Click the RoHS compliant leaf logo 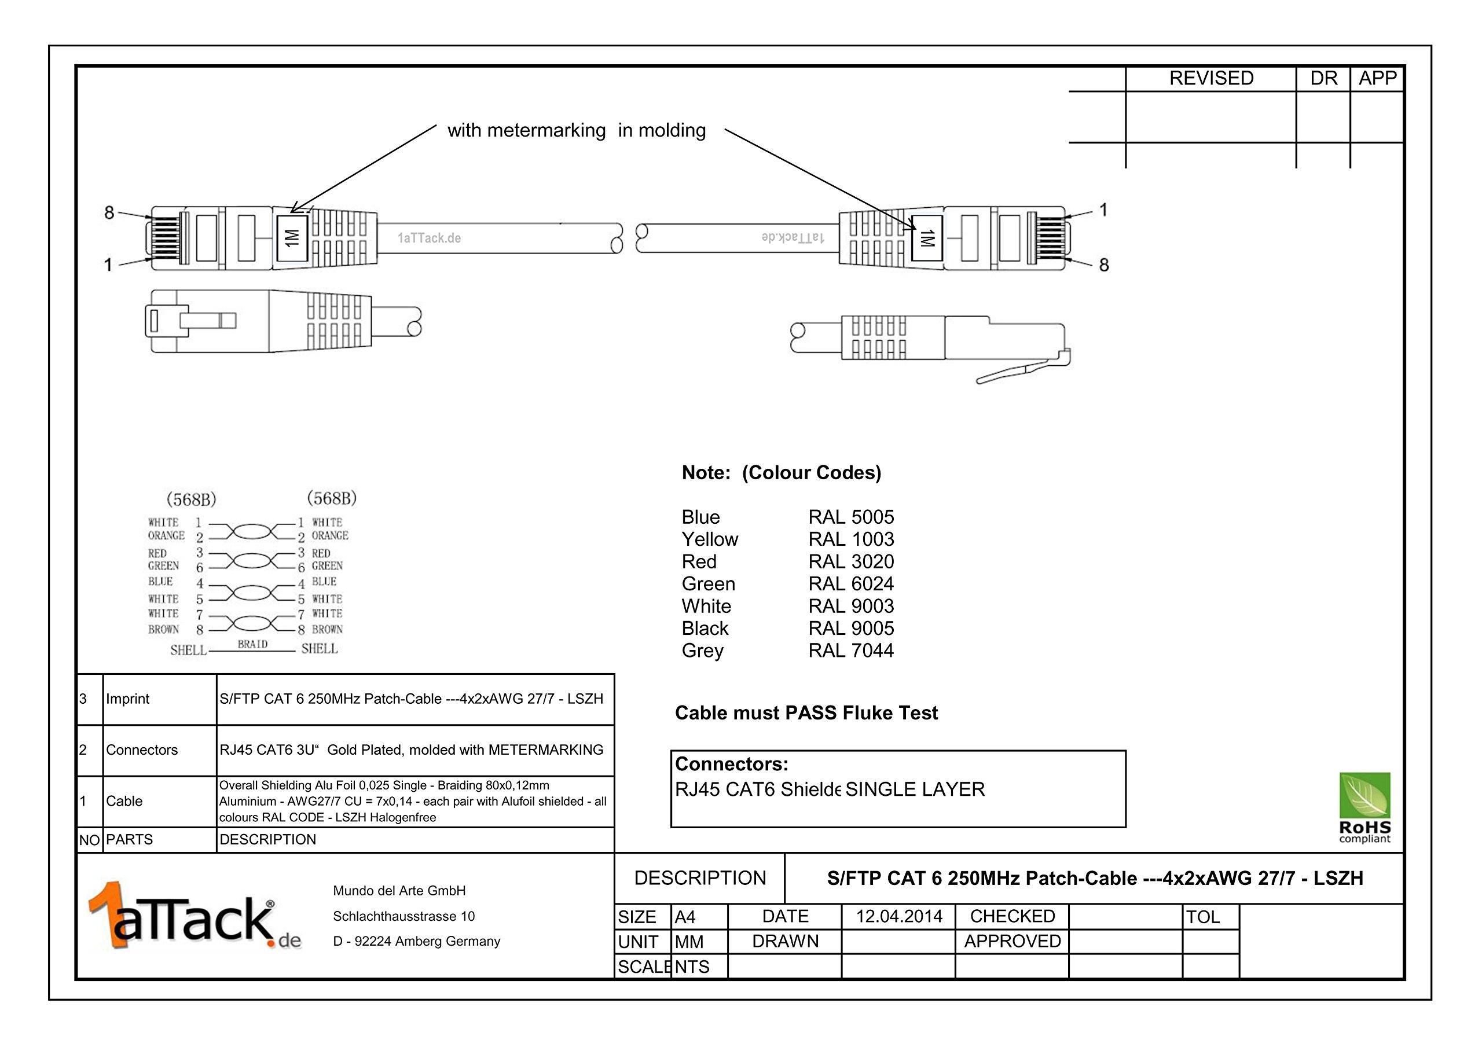click(x=1364, y=807)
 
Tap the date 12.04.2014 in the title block click(x=898, y=917)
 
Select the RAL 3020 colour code click(x=851, y=561)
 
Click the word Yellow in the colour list click(x=709, y=539)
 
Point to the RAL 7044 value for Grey click(x=851, y=651)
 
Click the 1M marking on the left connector click(x=292, y=238)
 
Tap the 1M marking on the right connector click(x=927, y=238)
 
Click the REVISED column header click(x=1211, y=78)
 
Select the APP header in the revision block click(x=1377, y=78)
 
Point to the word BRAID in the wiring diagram click(x=252, y=644)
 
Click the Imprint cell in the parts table click(x=127, y=699)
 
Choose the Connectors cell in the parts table click(x=141, y=750)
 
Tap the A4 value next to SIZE click(x=685, y=917)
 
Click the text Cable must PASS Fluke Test click(x=806, y=712)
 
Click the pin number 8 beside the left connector click(x=109, y=212)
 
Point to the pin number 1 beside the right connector click(x=1103, y=210)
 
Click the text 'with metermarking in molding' click(x=577, y=130)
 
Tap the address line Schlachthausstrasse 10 click(x=403, y=916)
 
